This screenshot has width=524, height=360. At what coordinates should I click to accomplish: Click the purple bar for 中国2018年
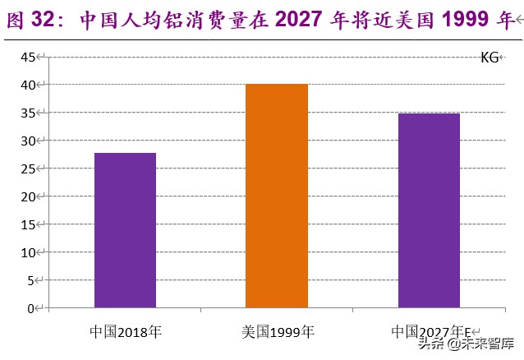pos(125,230)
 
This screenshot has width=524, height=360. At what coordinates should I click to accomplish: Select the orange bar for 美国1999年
pos(277,196)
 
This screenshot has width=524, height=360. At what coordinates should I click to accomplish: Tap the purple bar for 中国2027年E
pos(429,210)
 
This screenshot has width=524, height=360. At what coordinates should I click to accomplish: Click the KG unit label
pos(490,58)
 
